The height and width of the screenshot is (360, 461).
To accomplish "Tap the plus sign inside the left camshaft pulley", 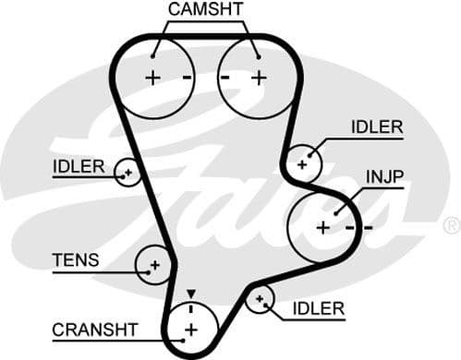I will [x=152, y=78].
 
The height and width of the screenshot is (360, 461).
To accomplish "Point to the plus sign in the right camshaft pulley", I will [x=259, y=78].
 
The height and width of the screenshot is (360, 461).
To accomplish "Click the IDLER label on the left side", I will [x=79, y=166].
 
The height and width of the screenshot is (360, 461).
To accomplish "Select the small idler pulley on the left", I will [x=127, y=172].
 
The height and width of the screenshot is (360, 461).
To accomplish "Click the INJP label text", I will [x=385, y=176].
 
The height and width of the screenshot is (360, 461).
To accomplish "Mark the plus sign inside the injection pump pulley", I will [x=322, y=226].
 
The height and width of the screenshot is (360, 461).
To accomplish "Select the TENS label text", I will [x=77, y=260].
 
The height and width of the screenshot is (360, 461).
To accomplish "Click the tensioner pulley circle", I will [x=153, y=266].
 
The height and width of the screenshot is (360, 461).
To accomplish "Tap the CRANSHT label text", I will [x=94, y=329].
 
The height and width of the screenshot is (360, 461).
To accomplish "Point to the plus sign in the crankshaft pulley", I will [x=191, y=330].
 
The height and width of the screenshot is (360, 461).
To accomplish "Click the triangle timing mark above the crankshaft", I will [x=191, y=294].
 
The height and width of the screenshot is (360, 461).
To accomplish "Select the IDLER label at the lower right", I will [x=318, y=307].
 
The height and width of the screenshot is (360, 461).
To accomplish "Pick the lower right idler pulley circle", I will [x=262, y=299].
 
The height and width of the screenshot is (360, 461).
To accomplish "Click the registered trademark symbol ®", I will [x=451, y=225].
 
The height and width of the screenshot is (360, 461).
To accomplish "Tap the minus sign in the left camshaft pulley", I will [x=186, y=78].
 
